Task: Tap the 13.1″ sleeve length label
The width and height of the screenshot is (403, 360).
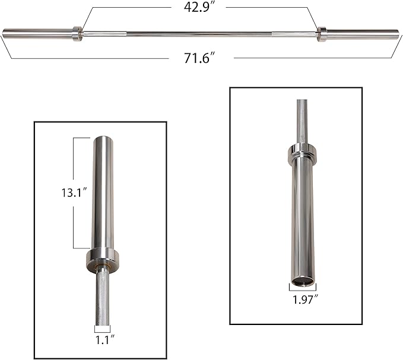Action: click(x=77, y=193)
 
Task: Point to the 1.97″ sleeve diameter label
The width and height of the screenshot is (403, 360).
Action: click(x=303, y=300)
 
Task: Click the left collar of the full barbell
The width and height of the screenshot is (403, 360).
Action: click(x=77, y=33)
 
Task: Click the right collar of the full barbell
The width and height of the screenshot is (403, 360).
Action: click(x=322, y=33)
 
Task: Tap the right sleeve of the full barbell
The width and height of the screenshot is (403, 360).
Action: click(x=362, y=33)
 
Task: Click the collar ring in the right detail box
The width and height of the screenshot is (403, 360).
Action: click(x=303, y=154)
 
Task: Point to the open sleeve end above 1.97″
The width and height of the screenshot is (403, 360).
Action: click(x=303, y=281)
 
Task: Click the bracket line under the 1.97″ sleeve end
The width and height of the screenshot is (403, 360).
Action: click(x=303, y=289)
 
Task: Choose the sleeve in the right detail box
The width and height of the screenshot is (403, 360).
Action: click(x=303, y=219)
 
